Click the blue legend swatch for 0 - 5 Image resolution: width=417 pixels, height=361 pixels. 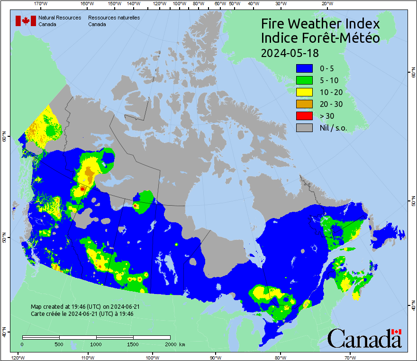pyautogui.click(x=304, y=68)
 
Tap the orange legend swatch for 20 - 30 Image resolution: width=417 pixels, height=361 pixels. pyautogui.click(x=304, y=104)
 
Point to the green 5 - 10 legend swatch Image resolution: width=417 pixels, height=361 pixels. pyautogui.click(x=304, y=80)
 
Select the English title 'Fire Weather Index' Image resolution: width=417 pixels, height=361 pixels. pyautogui.click(x=320, y=24)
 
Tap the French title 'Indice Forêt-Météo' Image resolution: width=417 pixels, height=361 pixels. pyautogui.click(x=320, y=38)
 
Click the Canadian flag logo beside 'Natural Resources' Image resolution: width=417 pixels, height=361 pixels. pyautogui.click(x=26, y=21)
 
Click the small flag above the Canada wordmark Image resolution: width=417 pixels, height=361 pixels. pyautogui.click(x=396, y=332)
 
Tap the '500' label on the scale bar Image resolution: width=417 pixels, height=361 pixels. pyautogui.click(x=59, y=344)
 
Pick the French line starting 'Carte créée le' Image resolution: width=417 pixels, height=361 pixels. pyautogui.click(x=82, y=314)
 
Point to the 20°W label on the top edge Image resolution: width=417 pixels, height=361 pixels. pyautogui.click(x=326, y=4)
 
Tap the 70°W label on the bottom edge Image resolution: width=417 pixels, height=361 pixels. pyautogui.click(x=350, y=357)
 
